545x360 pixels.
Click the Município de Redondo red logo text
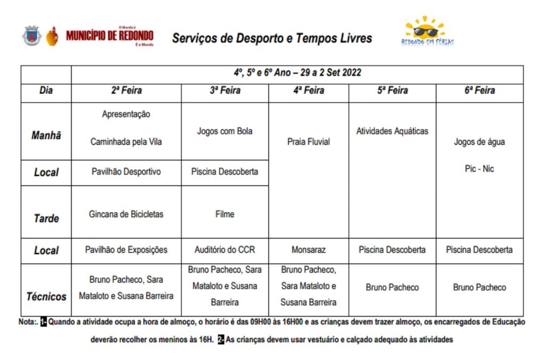110,36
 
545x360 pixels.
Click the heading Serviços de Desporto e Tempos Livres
272,38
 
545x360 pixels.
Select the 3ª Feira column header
225,91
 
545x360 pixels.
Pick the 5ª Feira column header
392,91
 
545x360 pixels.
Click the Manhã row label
46,135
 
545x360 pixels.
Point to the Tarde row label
46,218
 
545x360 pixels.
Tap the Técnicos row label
46,296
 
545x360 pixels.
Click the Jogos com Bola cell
225,131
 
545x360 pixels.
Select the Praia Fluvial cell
309,142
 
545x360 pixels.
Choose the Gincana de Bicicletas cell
126,214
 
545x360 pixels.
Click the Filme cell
225,214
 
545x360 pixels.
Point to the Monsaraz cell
309,250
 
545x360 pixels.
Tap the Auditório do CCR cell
225,250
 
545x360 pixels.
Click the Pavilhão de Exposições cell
126,250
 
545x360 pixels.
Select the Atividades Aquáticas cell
392,131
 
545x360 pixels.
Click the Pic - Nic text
479,169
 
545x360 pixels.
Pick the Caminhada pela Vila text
126,142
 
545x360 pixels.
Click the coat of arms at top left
31,36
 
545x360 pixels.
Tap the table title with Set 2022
297,73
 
